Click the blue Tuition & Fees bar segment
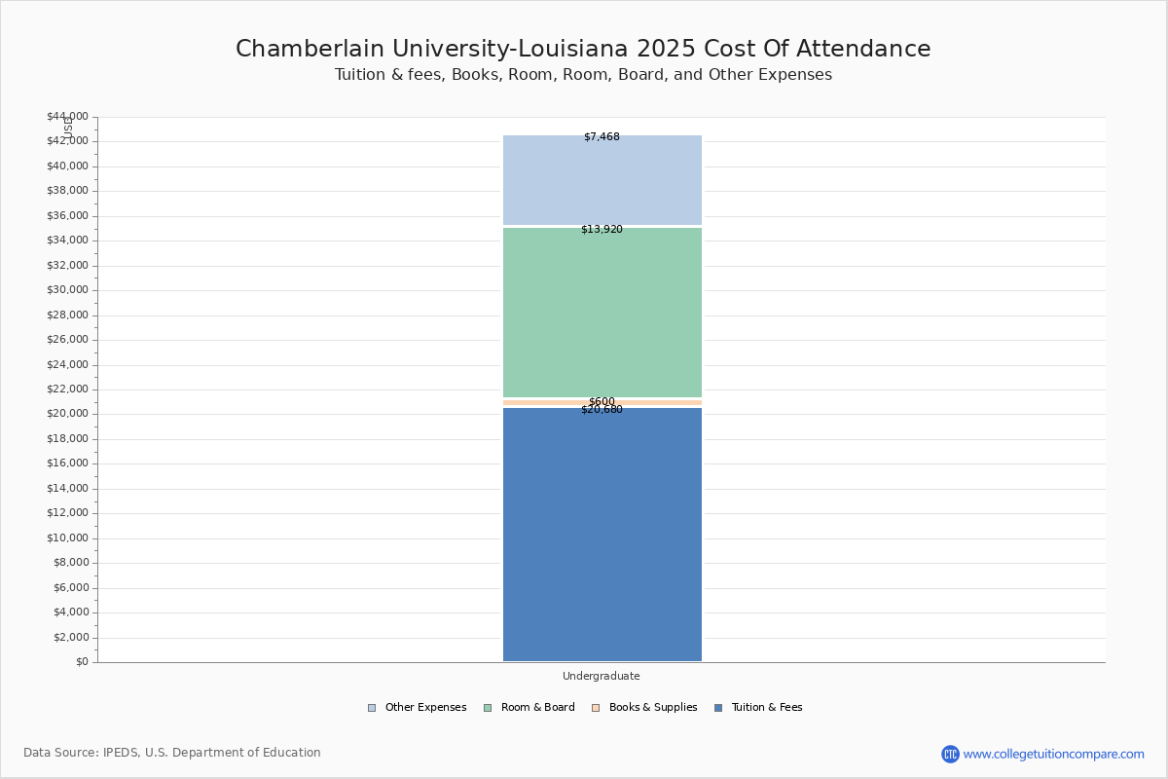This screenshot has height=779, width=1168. coord(602,536)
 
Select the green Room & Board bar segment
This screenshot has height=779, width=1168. coord(602,312)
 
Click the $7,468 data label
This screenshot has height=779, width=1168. coord(602,137)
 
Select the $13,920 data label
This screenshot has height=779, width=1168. coord(602,230)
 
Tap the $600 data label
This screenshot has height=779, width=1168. coord(602,401)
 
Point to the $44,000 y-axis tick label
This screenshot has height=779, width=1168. coord(67,117)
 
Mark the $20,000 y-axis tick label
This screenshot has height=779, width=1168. coord(67,414)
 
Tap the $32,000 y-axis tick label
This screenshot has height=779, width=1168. coord(67,265)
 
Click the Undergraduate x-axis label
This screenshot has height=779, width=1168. coord(602,676)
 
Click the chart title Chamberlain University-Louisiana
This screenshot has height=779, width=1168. coord(583,49)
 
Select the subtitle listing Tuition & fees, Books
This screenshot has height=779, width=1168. coord(583,75)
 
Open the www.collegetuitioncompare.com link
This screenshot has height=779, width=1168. coord(1053,754)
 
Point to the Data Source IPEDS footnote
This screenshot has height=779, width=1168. coord(172,753)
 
